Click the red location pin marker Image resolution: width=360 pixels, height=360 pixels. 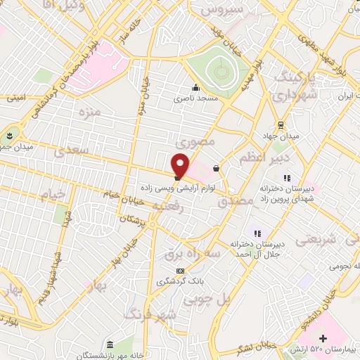181,165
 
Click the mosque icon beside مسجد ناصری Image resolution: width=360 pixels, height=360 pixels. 195,88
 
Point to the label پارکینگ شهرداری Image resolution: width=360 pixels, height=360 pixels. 290,84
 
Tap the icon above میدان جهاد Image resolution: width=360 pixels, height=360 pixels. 281,124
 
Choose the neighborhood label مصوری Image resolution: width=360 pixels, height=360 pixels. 194,141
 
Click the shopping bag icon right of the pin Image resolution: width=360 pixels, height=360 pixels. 216,168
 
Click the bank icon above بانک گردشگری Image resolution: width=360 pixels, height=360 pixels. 181,271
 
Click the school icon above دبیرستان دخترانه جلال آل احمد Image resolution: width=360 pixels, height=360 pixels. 257,233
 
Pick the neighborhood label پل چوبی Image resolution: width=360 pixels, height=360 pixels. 207,299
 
